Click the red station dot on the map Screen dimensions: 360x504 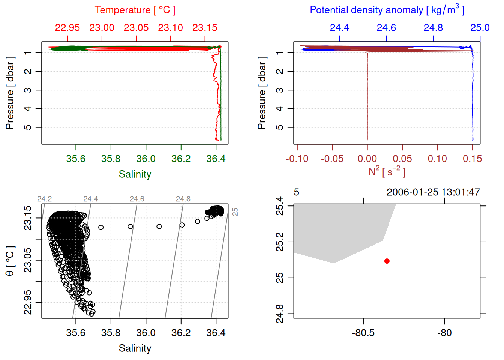click(x=387, y=261)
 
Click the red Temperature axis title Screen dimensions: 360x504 click(x=135, y=10)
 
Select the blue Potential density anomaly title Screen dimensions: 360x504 click(x=387, y=10)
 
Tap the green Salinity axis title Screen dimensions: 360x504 click(x=135, y=174)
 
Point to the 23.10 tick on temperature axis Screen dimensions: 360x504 click(x=170, y=28)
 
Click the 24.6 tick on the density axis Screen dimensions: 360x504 click(x=386, y=28)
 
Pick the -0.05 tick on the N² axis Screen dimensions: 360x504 click(x=332, y=159)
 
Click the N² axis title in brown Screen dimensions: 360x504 click(x=387, y=172)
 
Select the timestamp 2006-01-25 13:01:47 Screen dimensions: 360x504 click(x=433, y=192)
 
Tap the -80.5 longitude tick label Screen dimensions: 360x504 click(x=363, y=333)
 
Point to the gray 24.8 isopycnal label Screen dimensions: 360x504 click(x=183, y=199)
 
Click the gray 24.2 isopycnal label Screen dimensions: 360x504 click(x=45, y=199)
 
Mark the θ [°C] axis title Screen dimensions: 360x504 click(x=10, y=261)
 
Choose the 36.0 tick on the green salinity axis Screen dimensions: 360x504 click(x=146, y=159)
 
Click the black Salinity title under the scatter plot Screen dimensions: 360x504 click(x=135, y=348)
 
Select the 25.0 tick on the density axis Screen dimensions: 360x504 click(x=480, y=28)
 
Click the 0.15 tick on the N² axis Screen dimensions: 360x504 click(x=472, y=159)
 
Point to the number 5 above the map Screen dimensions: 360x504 click(x=297, y=192)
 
